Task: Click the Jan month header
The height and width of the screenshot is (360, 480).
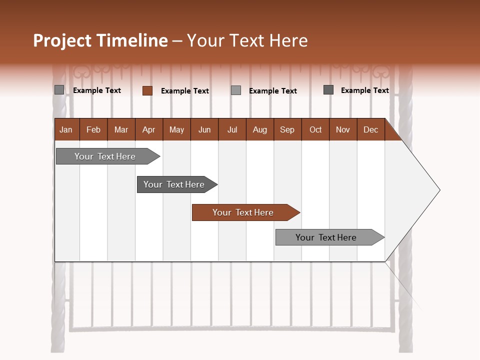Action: (66, 130)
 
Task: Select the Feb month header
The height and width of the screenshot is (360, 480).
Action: (93, 130)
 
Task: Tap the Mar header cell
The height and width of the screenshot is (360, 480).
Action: (121, 130)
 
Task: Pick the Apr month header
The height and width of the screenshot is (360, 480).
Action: (148, 130)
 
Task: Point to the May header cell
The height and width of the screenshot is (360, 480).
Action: (176, 130)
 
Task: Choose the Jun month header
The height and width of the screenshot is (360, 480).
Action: (204, 130)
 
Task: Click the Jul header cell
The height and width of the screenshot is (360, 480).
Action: (232, 130)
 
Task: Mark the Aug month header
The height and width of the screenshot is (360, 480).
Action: (259, 130)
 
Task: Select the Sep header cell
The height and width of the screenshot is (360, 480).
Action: (287, 130)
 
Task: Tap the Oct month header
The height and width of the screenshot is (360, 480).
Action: (315, 130)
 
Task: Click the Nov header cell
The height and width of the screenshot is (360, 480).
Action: (343, 130)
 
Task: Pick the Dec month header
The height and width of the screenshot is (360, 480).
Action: (370, 130)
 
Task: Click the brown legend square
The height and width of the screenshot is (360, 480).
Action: (147, 90)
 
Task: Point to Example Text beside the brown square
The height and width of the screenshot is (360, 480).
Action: (184, 91)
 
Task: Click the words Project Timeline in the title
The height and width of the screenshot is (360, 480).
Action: (100, 40)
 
